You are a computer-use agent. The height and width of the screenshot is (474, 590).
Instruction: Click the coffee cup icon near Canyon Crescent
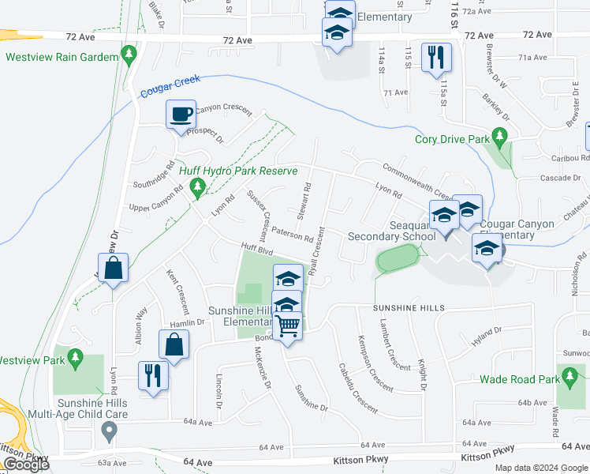click(181, 115)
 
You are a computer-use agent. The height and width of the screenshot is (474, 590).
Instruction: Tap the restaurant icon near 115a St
click(436, 57)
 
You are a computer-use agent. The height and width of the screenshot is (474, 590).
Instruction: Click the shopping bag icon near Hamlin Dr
click(174, 344)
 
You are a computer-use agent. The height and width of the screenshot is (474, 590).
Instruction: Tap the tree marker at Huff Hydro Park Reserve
click(198, 187)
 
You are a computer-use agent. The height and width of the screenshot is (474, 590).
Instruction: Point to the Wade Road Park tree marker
click(568, 379)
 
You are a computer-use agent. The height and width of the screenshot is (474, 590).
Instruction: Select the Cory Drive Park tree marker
click(499, 140)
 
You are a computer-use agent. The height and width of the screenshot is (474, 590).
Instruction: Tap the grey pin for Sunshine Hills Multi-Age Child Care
click(110, 431)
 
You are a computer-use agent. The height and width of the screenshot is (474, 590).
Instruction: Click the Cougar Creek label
click(170, 87)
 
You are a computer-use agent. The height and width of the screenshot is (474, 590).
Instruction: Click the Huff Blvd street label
click(256, 249)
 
